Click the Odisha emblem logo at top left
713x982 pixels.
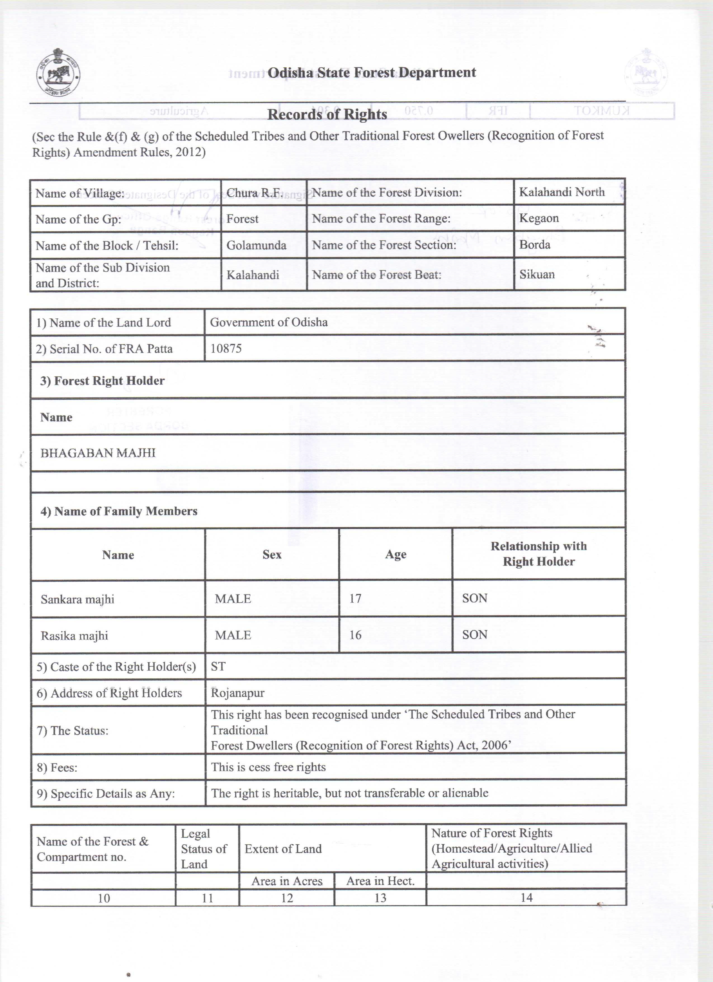(59, 74)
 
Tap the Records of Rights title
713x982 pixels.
(327, 114)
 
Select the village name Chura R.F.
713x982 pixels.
(254, 193)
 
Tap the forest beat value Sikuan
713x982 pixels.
(537, 274)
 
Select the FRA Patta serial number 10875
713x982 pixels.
(226, 349)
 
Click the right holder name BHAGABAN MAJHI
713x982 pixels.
(98, 453)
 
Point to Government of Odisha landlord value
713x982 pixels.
(269, 322)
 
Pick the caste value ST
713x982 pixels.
(218, 666)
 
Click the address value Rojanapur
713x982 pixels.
(237, 693)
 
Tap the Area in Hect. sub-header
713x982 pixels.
(380, 881)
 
